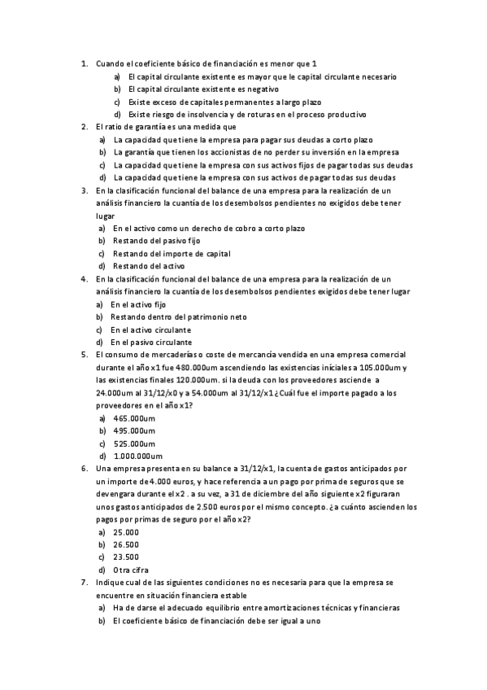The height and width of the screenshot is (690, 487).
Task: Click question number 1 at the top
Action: pos(85,63)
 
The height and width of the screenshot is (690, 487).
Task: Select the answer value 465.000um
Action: pos(134,417)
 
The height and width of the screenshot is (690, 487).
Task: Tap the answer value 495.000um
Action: pos(134,430)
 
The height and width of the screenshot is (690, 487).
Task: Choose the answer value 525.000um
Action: pos(134,443)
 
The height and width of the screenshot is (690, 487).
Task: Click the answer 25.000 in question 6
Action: pos(126,531)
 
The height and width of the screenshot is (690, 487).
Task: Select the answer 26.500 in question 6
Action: pos(126,544)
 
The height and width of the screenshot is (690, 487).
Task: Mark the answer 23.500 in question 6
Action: pos(126,557)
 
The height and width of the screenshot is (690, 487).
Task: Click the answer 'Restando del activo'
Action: pos(149,266)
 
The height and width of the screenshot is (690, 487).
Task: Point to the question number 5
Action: pos(85,355)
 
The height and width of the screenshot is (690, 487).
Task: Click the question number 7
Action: pos(85,583)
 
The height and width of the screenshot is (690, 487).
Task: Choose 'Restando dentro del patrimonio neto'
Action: pos(178,317)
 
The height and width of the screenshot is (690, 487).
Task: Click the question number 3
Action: pos(85,190)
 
